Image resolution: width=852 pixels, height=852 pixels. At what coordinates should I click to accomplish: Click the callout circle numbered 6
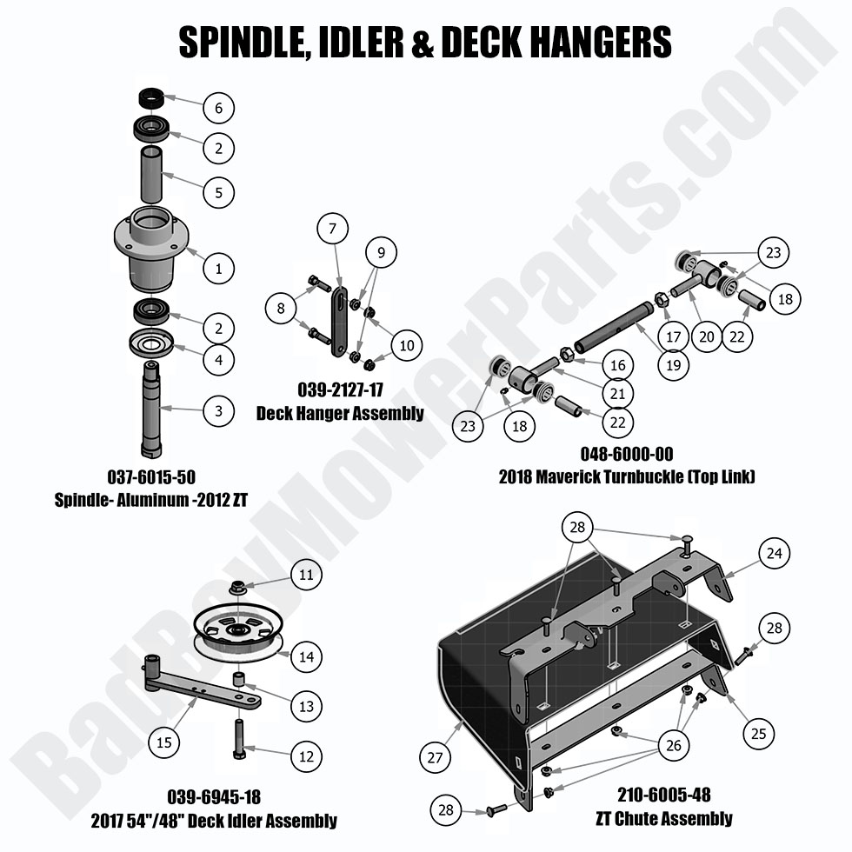point(218,109)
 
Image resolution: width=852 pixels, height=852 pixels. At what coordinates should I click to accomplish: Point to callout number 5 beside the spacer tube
point(218,191)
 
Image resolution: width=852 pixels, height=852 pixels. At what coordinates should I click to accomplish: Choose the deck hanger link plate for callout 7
point(336,319)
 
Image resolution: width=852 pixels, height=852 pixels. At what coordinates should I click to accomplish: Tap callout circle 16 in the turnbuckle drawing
point(617,366)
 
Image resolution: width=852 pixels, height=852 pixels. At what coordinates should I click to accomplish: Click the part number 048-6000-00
point(627,454)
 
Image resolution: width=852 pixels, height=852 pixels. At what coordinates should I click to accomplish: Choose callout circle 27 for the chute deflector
point(435,757)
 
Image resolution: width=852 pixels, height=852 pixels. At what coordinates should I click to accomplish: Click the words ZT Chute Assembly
point(663,817)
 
